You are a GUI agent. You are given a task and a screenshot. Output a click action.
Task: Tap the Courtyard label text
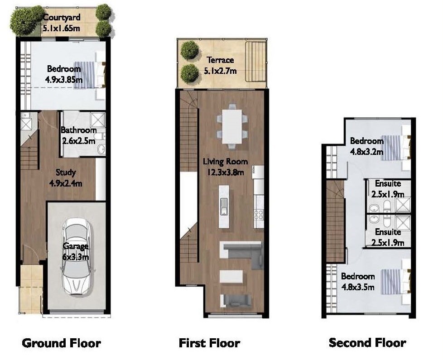(62, 18)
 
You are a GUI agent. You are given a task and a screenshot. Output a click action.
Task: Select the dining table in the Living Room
(232, 126)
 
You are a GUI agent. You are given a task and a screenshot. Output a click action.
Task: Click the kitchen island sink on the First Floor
(224, 206)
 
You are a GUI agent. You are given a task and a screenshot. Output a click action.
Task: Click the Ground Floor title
(61, 343)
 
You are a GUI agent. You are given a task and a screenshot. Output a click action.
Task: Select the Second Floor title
(367, 343)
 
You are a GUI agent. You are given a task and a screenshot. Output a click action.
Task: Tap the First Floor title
(209, 343)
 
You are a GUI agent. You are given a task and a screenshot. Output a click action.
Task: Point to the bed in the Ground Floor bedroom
(90, 75)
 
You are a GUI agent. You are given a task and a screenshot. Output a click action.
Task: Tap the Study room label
(66, 173)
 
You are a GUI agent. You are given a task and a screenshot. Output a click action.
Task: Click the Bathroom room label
(79, 130)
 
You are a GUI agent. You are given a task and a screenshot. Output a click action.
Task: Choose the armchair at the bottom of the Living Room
(236, 301)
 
